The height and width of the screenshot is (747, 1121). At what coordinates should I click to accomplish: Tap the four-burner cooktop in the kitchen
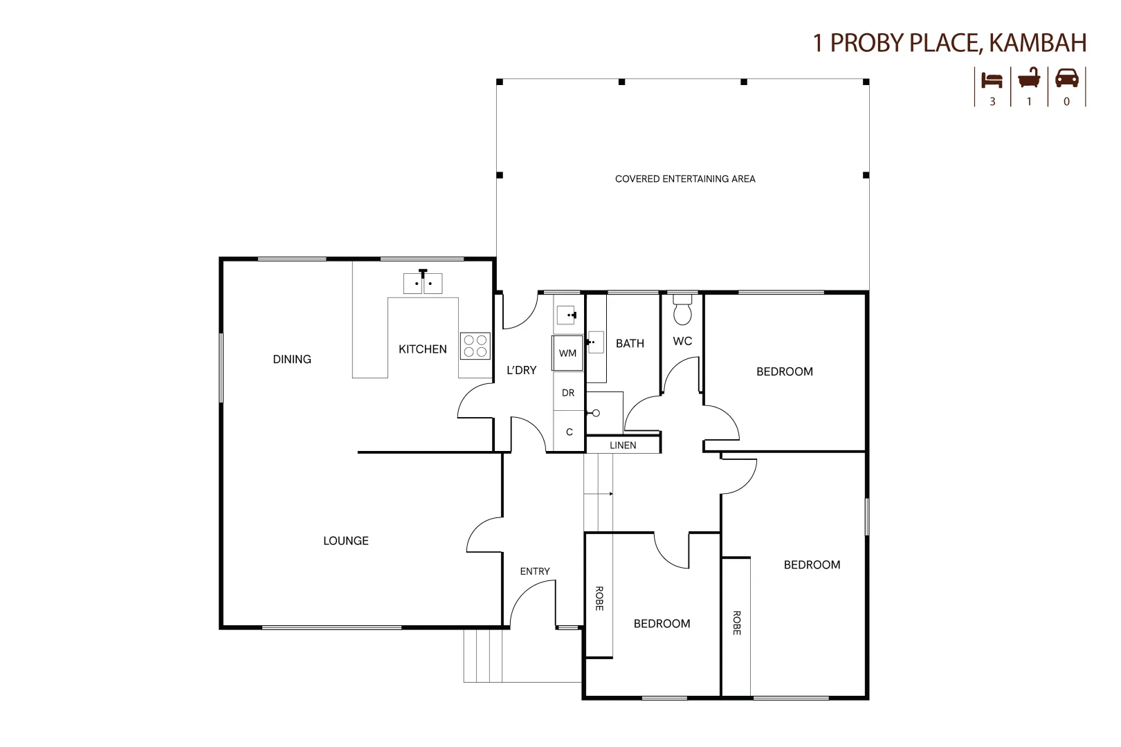475,346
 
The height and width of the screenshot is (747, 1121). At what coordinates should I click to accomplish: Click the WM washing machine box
567,353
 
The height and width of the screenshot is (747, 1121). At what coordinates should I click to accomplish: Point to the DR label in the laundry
568,393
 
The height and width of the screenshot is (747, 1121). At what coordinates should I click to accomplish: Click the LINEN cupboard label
623,445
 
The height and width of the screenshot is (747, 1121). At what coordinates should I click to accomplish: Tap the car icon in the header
1066,79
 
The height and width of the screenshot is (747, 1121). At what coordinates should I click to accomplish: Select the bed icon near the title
992,80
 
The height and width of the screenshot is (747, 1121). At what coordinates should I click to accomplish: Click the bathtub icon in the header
1029,78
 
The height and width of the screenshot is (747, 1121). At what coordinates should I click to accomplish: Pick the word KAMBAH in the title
1038,43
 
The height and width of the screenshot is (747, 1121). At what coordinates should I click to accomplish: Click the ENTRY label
535,571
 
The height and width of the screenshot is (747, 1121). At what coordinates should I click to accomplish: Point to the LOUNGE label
346,541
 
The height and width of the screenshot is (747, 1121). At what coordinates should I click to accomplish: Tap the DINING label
292,359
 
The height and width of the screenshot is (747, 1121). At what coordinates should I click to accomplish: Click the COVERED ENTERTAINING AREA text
685,179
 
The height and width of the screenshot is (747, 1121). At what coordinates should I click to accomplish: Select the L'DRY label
522,370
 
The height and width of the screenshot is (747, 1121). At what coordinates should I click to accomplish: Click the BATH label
630,344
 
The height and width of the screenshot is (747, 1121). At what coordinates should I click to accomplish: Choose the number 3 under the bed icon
992,102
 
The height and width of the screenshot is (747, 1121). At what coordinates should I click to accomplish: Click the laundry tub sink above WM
567,315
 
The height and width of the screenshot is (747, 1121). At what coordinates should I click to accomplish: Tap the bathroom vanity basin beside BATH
596,342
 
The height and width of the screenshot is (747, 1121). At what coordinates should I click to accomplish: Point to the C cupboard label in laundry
569,432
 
